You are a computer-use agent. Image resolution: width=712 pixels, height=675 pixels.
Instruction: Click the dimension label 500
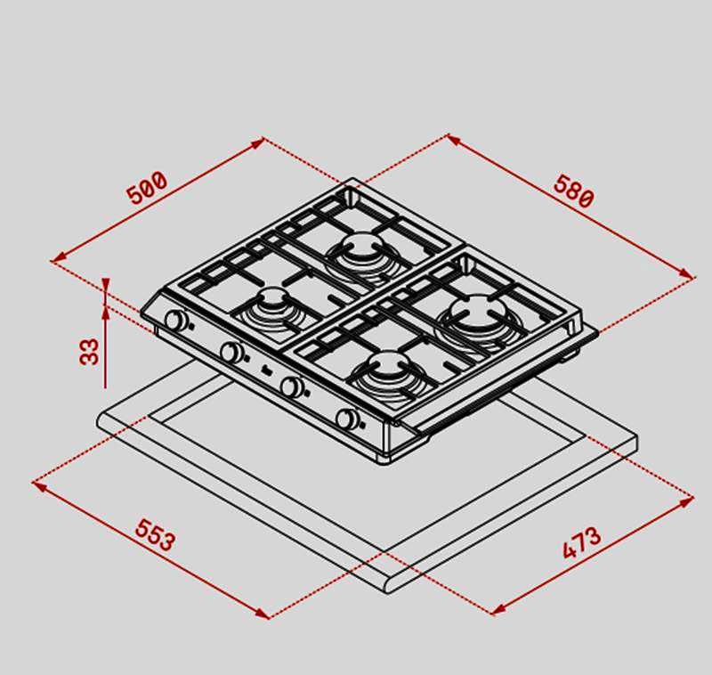pos(147,187)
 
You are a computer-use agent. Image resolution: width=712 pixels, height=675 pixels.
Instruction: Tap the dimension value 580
pos(573,191)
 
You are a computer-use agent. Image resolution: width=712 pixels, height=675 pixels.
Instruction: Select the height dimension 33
pos(89,351)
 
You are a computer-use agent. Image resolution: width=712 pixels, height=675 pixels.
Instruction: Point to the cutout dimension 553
pos(155,535)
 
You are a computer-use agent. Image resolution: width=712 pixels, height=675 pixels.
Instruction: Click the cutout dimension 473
pos(582,542)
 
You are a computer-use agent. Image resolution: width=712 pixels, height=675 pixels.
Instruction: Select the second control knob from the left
pos(232,351)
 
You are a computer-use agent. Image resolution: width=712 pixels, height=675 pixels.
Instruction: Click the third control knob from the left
pos(293,386)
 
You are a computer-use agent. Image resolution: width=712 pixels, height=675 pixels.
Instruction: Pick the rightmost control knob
pos(348,419)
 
